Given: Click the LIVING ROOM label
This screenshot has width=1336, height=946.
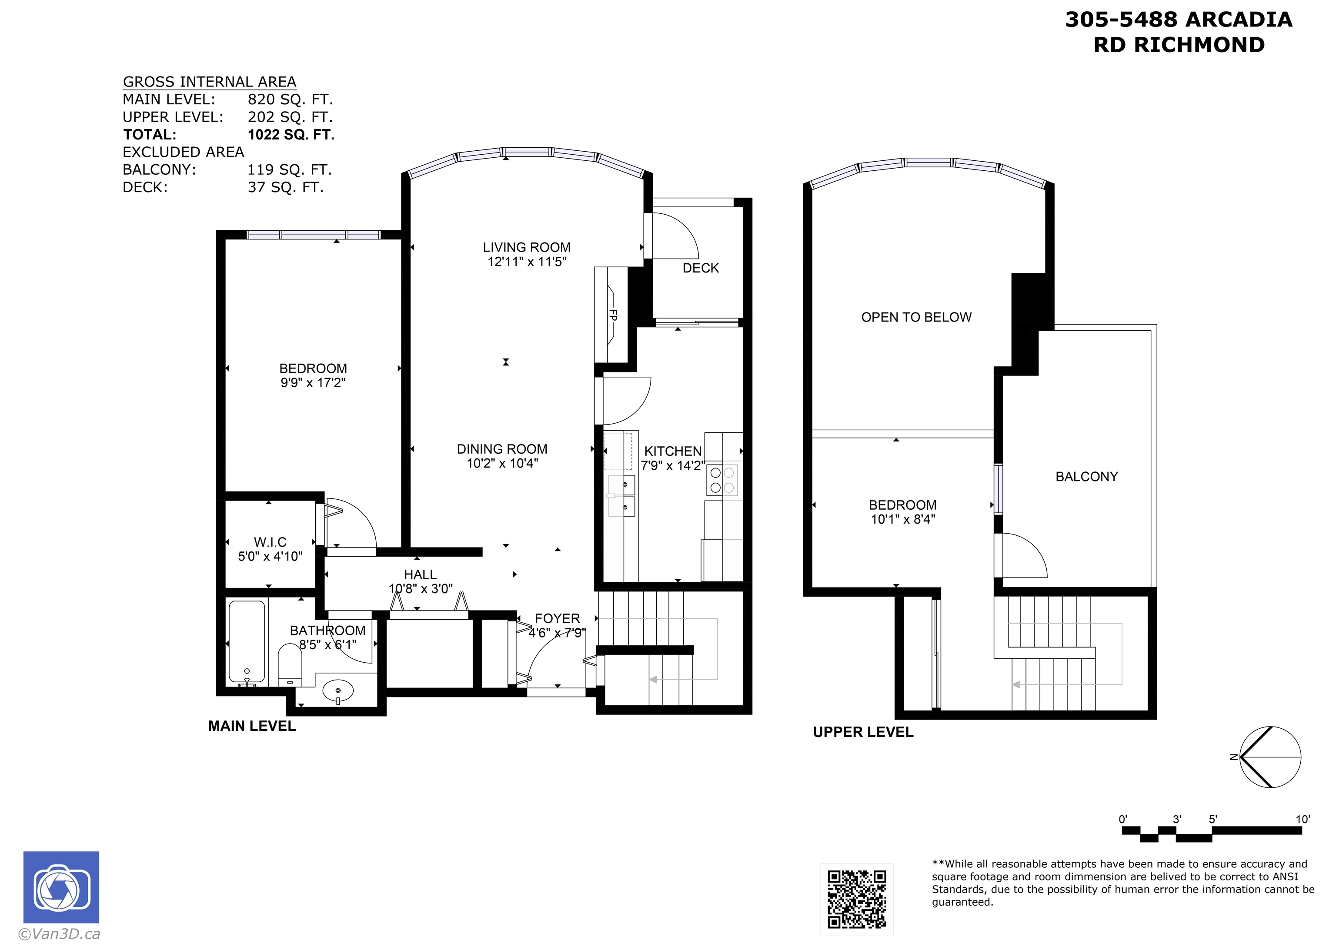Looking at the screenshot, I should tap(526, 248).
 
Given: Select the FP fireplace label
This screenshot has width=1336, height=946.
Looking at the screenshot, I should tap(613, 315).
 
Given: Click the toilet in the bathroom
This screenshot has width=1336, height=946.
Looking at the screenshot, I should tap(290, 664).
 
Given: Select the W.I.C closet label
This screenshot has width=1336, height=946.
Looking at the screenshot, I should tap(270, 542).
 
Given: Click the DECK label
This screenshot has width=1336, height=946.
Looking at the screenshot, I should tap(701, 268).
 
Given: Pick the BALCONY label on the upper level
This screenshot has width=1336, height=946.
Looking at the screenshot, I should tap(1086, 477).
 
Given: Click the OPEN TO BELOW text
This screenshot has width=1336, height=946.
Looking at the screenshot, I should tap(916, 318).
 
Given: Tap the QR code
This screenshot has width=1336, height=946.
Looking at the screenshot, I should tap(857, 899).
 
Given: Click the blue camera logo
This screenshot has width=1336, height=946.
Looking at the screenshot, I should tap(61, 887).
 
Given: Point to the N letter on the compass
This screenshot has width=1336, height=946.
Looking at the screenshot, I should tap(1233, 757).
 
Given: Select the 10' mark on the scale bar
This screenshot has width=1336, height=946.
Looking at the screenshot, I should tap(1302, 820).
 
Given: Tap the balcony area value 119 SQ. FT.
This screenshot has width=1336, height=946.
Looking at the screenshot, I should tap(289, 169).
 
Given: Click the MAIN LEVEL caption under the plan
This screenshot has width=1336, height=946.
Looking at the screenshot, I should tap(252, 726).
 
